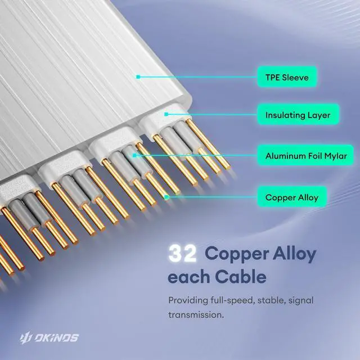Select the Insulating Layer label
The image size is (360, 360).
pos(298,115)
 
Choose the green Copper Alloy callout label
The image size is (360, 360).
pos(291,197)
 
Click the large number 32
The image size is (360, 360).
pos(182,254)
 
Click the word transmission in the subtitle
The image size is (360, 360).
pos(195,314)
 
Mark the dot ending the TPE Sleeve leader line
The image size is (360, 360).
pos(137,76)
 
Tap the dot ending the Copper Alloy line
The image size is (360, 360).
pos(167,197)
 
